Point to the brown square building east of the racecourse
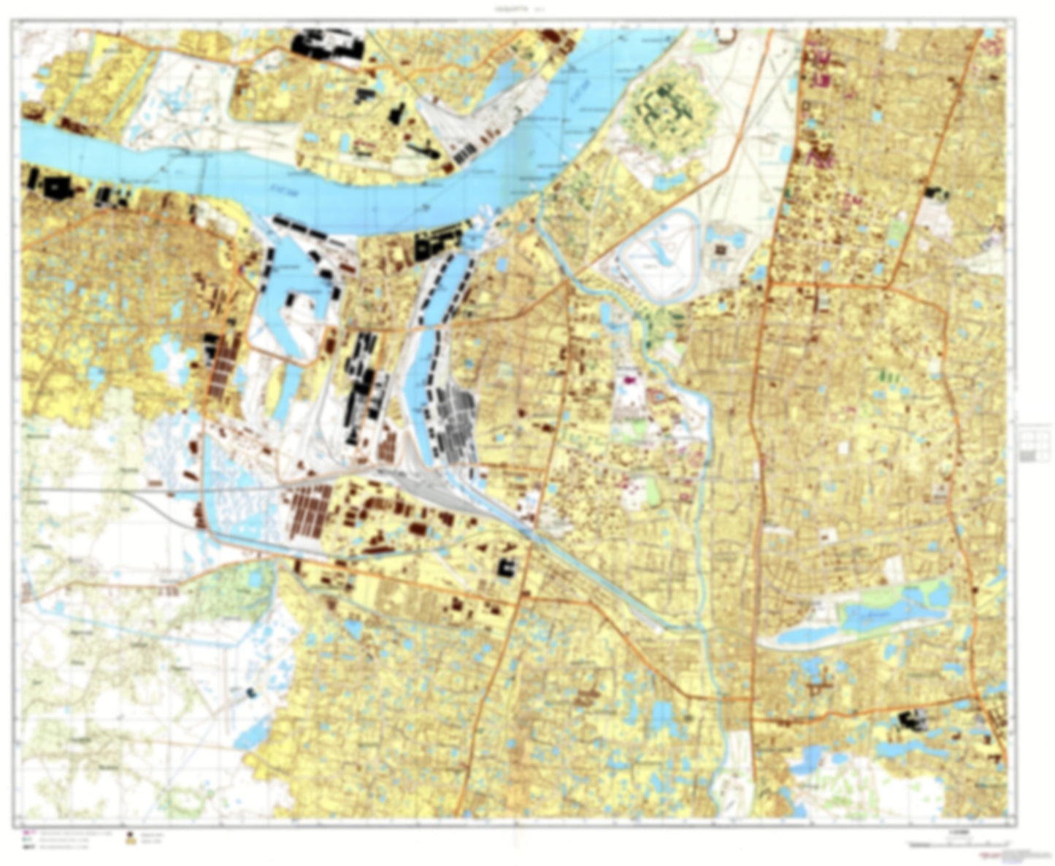[723, 250]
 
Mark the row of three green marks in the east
[886, 376]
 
